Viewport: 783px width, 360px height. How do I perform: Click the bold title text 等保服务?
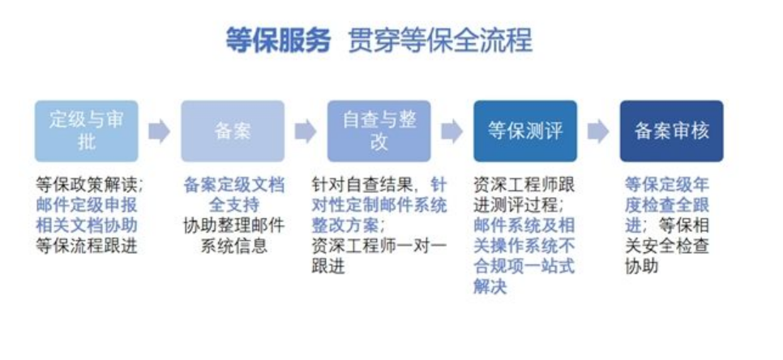[278, 40]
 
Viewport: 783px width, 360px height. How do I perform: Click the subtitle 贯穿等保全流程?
[440, 40]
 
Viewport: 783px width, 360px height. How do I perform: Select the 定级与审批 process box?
[87, 131]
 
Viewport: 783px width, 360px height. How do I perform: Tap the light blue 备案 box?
[233, 131]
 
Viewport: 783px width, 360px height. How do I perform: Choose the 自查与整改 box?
[379, 131]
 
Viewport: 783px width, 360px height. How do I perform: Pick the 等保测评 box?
[525, 131]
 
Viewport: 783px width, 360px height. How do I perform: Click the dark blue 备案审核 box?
[672, 131]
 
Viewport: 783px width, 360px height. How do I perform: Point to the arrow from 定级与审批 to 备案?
[160, 131]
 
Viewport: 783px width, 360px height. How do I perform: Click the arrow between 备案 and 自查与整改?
[306, 131]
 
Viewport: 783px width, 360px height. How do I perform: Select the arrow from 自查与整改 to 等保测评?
[452, 131]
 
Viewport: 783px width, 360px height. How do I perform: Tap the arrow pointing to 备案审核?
[598, 131]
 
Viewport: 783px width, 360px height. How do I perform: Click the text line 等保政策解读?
[86, 185]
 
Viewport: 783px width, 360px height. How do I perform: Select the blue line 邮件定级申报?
[87, 205]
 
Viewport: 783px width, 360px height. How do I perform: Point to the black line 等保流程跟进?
[87, 246]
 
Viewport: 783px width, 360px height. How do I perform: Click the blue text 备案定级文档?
[233, 185]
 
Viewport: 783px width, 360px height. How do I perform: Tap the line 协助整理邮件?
[233, 225]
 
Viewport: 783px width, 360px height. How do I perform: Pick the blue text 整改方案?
[345, 225]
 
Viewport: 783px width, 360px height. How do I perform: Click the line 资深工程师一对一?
[379, 246]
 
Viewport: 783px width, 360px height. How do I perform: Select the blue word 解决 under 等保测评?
[490, 286]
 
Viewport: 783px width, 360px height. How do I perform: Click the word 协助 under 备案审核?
[642, 267]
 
